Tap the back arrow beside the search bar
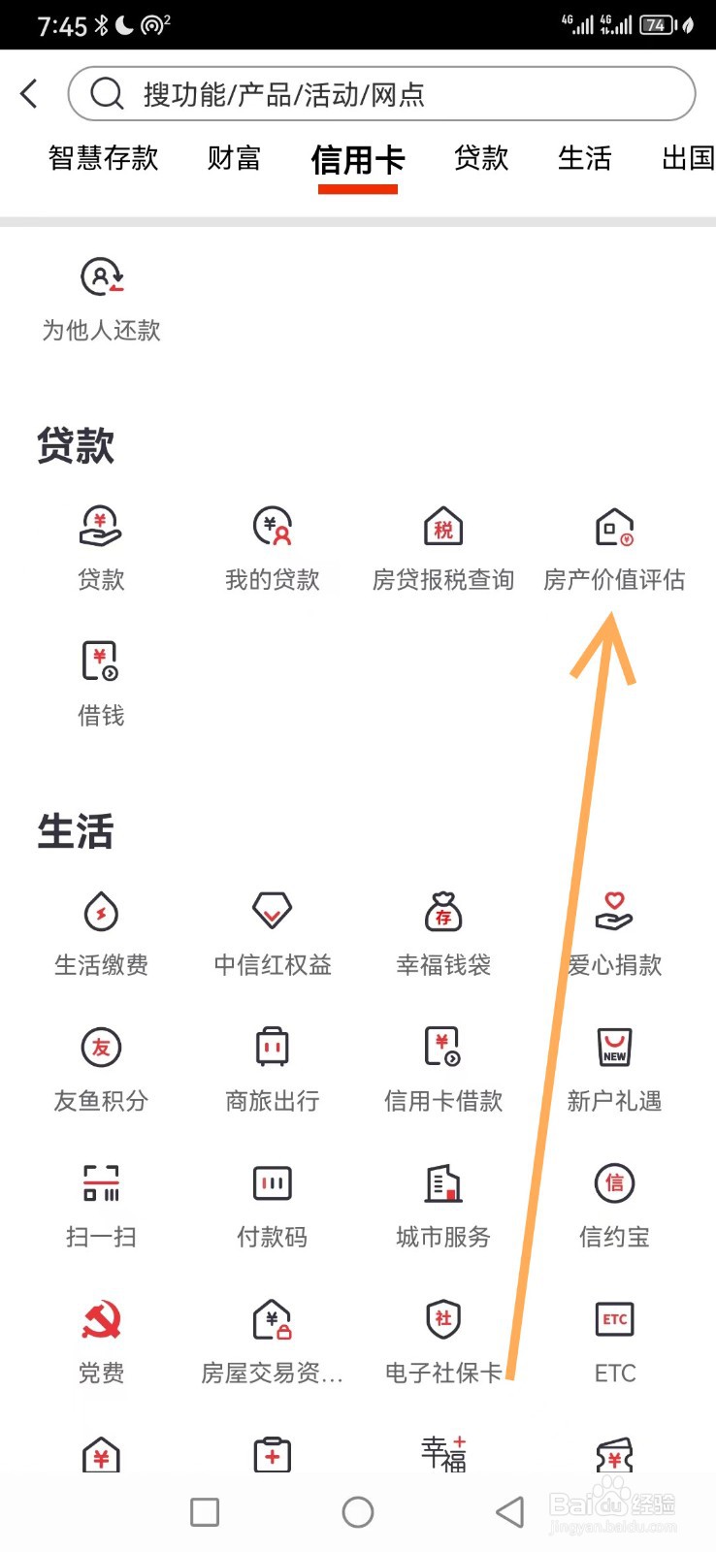(x=29, y=94)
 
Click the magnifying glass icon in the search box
(x=107, y=94)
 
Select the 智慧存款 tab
(x=103, y=158)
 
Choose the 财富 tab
(x=234, y=158)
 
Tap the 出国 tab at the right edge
(x=687, y=158)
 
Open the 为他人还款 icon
(x=101, y=277)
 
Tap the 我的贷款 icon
(x=273, y=527)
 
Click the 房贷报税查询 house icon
(x=443, y=527)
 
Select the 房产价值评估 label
(x=614, y=580)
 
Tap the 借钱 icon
(x=101, y=662)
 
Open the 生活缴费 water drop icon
(x=101, y=912)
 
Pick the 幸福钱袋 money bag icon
(x=443, y=912)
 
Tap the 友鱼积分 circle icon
(x=101, y=1048)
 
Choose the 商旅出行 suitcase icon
(x=273, y=1048)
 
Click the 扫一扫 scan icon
(x=101, y=1183)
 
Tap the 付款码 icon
(x=273, y=1183)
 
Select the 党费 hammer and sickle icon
(x=101, y=1320)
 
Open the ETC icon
(x=615, y=1319)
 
